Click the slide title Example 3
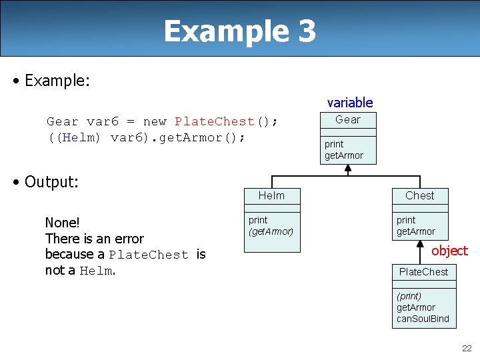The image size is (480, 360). tap(239, 31)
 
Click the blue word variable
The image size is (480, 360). tap(349, 103)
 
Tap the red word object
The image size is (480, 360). tap(449, 251)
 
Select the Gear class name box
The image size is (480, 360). tap(347, 120)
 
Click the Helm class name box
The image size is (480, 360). tap(271, 195)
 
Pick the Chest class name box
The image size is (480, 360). tap(419, 195)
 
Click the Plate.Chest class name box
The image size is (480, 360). tap(423, 272)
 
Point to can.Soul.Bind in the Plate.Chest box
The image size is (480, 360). tap(423, 319)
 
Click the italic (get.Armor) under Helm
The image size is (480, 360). tap(271, 231)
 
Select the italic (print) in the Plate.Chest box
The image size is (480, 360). tap(409, 295)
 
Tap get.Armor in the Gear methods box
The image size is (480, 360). tap(343, 155)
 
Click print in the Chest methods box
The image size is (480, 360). tap(406, 220)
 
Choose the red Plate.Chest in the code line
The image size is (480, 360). tap(214, 121)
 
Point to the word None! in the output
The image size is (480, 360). tap(62, 223)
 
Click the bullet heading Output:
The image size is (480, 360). tap(51, 181)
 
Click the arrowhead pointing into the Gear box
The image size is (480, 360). tap(347, 169)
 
